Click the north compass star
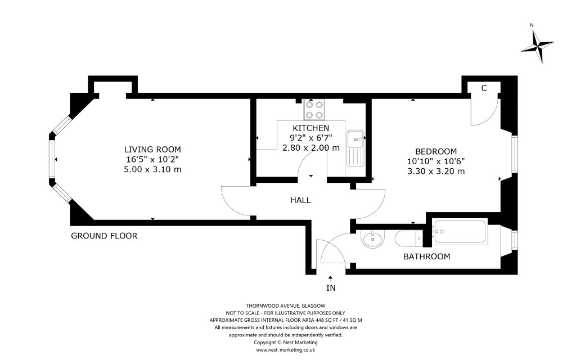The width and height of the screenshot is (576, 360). (537, 46)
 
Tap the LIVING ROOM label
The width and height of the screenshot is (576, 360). (153, 149)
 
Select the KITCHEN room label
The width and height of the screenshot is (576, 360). (310, 128)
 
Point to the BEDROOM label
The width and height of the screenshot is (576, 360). (436, 151)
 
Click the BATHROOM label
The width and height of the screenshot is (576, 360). (427, 256)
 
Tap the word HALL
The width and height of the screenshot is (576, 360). (300, 200)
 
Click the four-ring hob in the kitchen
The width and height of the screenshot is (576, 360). (314, 110)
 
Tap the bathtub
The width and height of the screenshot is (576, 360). (460, 231)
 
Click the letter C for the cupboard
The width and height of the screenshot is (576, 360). (484, 88)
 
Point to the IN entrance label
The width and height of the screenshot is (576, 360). (331, 288)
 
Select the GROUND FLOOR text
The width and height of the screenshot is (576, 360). (104, 236)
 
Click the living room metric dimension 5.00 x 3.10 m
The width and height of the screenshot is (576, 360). (153, 169)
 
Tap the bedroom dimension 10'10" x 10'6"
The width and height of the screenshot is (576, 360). (436, 161)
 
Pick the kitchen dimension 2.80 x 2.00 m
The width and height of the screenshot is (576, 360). (310, 148)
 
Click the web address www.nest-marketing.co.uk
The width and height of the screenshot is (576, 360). (285, 349)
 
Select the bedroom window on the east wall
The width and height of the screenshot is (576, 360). (514, 154)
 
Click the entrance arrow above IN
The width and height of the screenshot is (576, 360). (331, 276)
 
